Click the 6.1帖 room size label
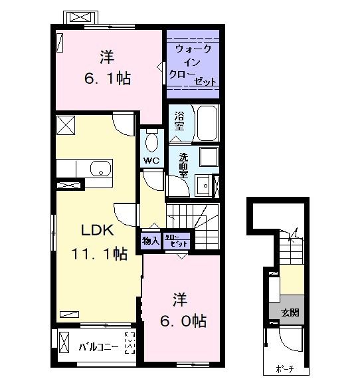[x=107, y=78]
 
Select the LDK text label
[x=98, y=231]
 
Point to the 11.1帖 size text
[x=100, y=253]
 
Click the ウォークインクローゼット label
[x=193, y=65]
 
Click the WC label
[x=149, y=161]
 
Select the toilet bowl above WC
[x=151, y=141]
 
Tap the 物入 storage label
[x=151, y=241]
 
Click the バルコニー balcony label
[x=99, y=346]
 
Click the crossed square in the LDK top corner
[x=66, y=124]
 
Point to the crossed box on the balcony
[x=64, y=344]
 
